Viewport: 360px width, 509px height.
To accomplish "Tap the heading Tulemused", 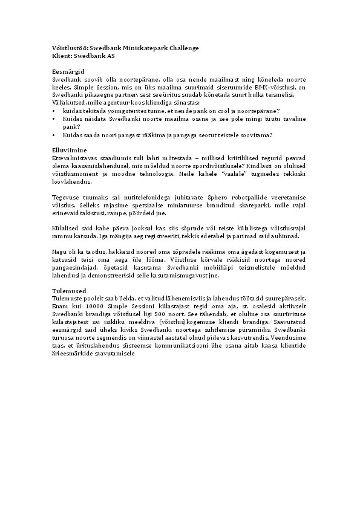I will [69, 291].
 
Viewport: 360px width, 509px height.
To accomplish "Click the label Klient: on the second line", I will [62, 55].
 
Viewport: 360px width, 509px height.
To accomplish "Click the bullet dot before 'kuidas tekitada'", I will [55, 111].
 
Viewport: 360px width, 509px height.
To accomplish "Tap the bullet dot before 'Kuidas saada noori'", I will [55, 134].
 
